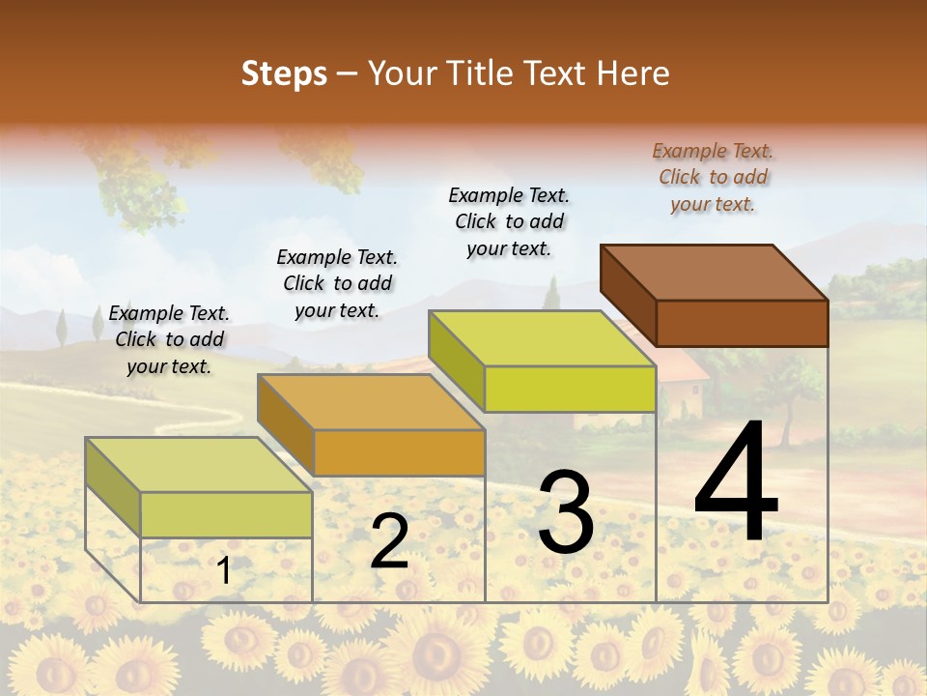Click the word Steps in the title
(284, 73)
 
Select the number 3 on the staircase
(566, 512)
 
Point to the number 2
(390, 541)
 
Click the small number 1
(224, 571)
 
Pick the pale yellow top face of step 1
(199, 465)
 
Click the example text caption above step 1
(169, 339)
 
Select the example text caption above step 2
(337, 283)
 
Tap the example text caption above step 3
(509, 221)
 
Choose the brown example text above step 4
(713, 177)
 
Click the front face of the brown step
(742, 323)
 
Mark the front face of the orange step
(399, 452)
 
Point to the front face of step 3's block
(570, 389)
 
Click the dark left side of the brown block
(628, 294)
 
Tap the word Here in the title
(633, 73)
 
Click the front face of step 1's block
(226, 514)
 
